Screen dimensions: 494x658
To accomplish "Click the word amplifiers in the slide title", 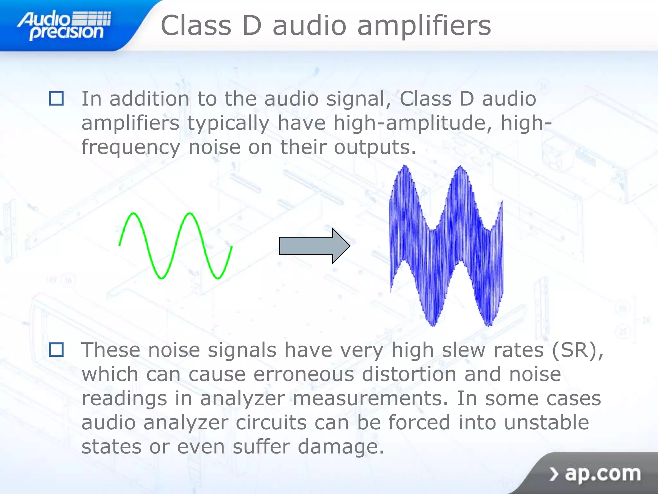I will click(424, 26).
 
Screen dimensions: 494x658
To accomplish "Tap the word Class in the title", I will click(196, 26).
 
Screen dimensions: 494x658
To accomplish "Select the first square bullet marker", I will click(56, 98).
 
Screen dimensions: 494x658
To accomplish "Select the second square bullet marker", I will click(56, 350).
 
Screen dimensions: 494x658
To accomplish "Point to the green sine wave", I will click(175, 246).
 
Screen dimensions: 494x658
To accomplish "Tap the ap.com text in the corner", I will click(603, 473).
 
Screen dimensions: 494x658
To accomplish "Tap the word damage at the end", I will click(341, 447).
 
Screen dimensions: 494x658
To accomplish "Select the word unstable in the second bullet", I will click(546, 422).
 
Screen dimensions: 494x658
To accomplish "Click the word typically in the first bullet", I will click(228, 123).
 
